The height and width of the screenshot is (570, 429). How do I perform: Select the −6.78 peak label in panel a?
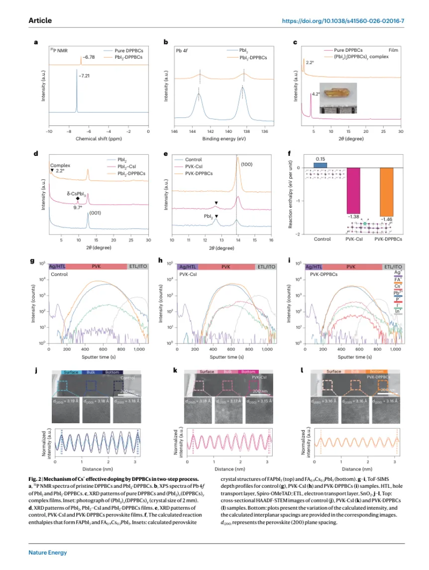(x=89, y=57)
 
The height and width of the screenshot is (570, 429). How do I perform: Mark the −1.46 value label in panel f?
(x=387, y=220)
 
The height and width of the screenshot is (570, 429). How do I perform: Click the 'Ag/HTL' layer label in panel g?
(x=57, y=267)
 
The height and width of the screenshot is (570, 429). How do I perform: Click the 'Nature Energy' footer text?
(x=47, y=553)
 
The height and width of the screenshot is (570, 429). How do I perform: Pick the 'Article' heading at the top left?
(x=40, y=21)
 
